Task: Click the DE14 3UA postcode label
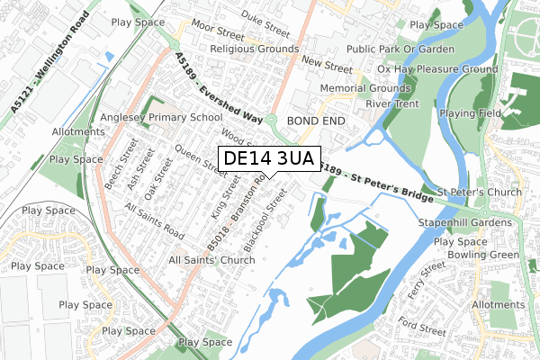[268, 159]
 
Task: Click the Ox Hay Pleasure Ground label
[437, 68]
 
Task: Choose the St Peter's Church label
[480, 193]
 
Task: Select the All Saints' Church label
[211, 260]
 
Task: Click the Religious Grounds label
[254, 49]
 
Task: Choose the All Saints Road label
[155, 221]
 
